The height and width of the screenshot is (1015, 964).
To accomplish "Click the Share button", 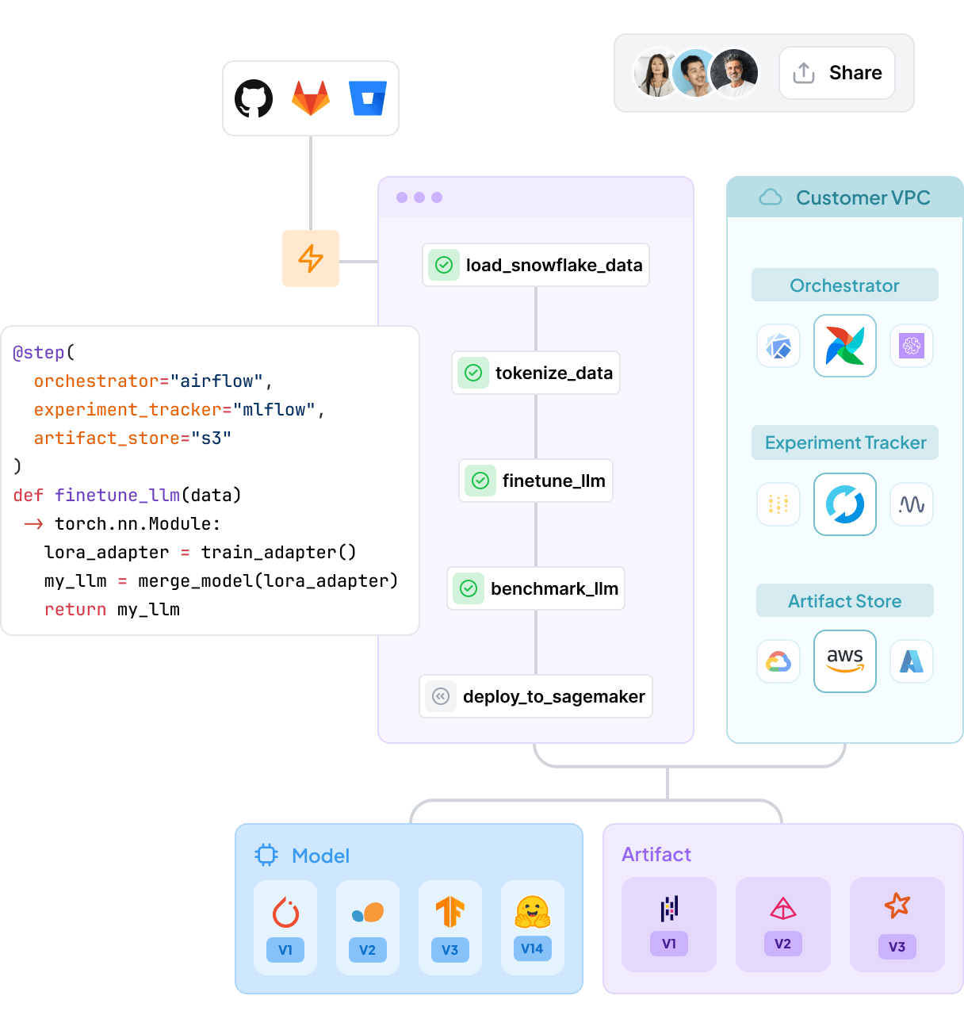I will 837,73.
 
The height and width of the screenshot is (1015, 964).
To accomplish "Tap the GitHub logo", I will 254,98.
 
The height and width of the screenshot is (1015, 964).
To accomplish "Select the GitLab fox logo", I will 311,98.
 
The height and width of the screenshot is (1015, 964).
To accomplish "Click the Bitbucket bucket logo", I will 368,98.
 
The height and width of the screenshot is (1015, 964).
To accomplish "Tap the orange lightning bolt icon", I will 311,259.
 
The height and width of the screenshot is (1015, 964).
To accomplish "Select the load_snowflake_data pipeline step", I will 536,265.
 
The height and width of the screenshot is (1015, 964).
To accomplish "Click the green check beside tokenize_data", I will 473,373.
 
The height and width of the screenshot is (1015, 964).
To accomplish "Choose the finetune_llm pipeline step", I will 536,481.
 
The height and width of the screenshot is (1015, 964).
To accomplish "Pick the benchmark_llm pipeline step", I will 536,588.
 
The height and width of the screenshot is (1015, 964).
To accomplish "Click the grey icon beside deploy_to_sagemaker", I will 441,696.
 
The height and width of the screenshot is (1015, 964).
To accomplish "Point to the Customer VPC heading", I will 863,197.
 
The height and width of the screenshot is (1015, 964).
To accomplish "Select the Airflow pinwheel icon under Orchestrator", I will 845,346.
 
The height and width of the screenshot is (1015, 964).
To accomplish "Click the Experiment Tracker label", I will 845,442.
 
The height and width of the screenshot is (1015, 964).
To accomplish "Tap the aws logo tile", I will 845,661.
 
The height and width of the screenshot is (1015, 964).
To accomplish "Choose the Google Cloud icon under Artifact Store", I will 778,661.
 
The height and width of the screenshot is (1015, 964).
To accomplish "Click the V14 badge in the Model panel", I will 532,948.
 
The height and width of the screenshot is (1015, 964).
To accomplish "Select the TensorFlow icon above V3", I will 449,912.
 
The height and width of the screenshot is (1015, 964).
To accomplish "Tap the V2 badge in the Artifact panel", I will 782,944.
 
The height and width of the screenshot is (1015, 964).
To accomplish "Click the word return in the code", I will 75,610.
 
